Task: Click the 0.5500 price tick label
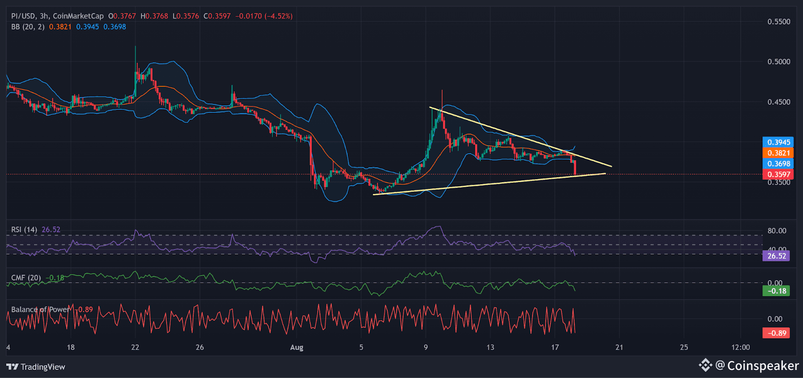tap(778, 22)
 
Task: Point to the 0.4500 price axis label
tap(778, 102)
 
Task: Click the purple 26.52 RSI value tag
tap(776, 256)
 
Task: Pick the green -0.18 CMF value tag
tap(776, 291)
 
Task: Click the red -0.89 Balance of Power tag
tap(776, 333)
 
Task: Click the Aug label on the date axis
tap(297, 347)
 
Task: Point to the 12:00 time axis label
tap(740, 347)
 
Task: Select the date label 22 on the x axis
tap(135, 347)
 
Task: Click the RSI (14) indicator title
tap(24, 229)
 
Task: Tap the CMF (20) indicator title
tap(26, 278)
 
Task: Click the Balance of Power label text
tap(40, 309)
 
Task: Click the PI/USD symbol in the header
tap(23, 16)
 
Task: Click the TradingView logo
tap(36, 367)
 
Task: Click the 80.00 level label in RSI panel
tap(777, 231)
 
